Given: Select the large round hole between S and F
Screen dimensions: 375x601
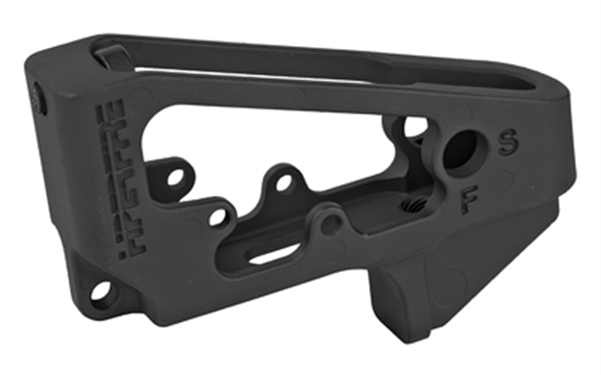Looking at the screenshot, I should tap(461, 151).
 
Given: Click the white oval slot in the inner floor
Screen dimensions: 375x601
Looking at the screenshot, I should tap(274, 253).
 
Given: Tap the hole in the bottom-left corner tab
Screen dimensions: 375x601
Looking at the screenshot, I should tap(100, 291).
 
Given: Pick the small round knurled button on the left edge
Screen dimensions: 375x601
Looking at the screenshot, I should tap(37, 95).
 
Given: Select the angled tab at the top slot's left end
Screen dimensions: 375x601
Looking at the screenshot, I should tap(111, 55).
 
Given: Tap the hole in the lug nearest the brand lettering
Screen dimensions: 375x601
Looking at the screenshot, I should tap(174, 177).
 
